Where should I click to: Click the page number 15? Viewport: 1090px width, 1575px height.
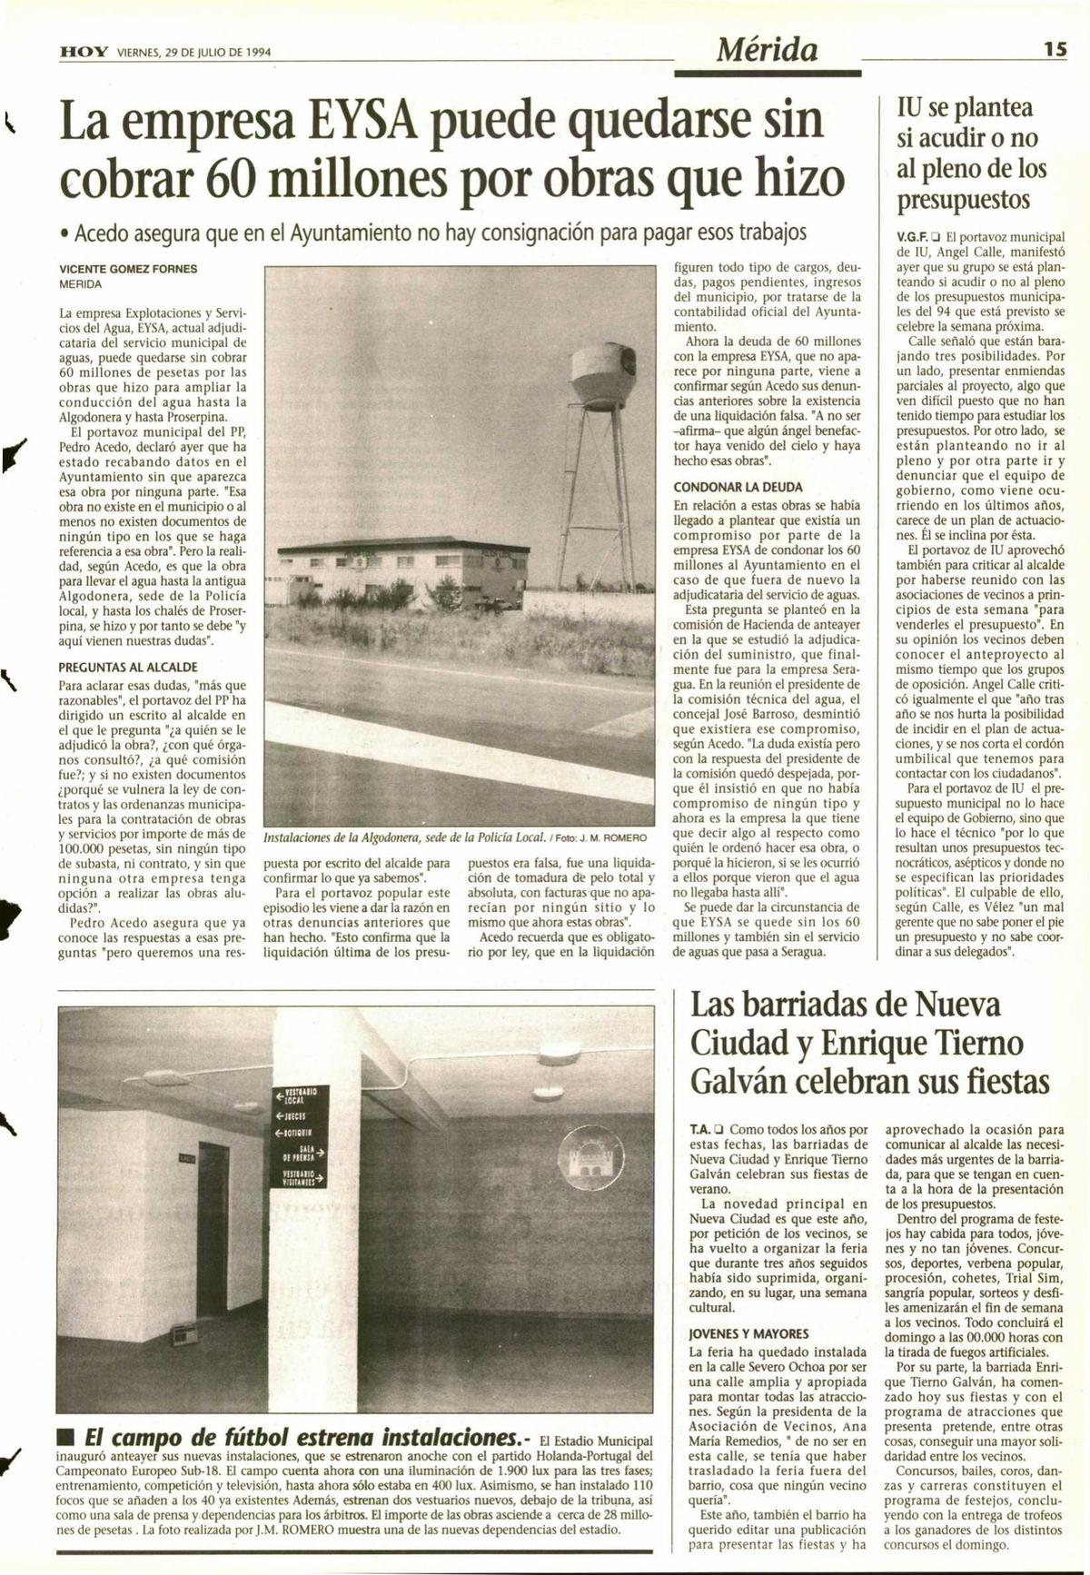(1054, 51)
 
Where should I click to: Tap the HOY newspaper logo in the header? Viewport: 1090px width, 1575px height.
(84, 53)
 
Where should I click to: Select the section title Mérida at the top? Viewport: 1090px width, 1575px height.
(768, 49)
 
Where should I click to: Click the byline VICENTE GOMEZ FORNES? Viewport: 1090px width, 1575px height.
(128, 269)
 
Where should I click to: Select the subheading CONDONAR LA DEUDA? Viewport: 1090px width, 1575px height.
(738, 487)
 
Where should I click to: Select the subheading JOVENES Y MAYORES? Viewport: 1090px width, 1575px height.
(748, 1333)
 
